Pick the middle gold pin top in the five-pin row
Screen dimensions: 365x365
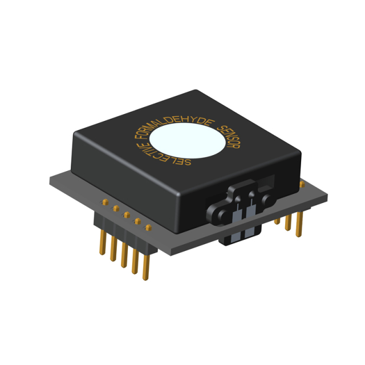point(126,214)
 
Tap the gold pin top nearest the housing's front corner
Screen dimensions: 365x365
point(148,228)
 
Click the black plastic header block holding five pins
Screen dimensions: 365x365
point(123,230)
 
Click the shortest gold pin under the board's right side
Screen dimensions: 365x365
point(278,220)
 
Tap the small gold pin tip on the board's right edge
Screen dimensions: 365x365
point(304,184)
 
